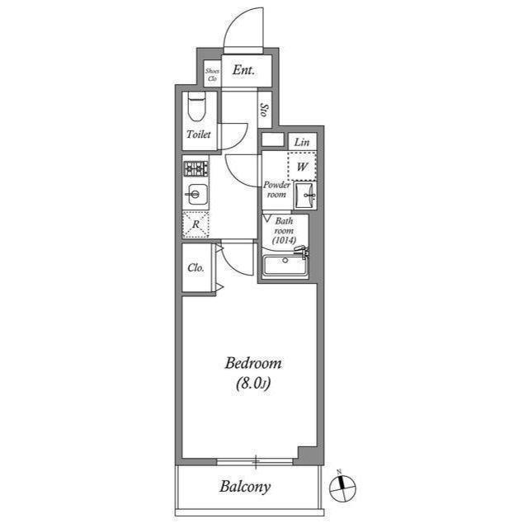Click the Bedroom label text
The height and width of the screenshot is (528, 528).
coord(253,363)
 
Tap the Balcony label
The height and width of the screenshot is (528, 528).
coord(245,487)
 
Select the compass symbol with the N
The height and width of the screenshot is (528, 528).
coord(342,487)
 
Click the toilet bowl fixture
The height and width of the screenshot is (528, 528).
coord(196,106)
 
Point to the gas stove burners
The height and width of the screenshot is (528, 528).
coord(196,168)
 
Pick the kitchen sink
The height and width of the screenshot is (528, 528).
coord(196,195)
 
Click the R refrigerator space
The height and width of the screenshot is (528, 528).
coord(196,224)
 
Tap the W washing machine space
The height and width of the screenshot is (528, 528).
coord(302,167)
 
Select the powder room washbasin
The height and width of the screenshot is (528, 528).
coord(304,196)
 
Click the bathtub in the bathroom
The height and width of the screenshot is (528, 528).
coord(285,266)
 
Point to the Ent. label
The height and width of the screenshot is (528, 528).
coord(243,70)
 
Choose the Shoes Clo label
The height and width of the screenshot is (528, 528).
coord(213,75)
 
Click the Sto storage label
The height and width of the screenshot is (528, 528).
coord(265,110)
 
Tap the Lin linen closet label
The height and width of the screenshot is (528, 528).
coord(302,142)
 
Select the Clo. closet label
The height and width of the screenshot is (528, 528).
coord(196,268)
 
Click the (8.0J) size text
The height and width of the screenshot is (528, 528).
coord(253,384)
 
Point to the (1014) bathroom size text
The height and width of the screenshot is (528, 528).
coord(284,240)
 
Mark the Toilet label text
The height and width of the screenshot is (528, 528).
coord(199,134)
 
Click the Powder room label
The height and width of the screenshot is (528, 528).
coord(276,190)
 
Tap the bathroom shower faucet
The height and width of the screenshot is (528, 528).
coord(302,251)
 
